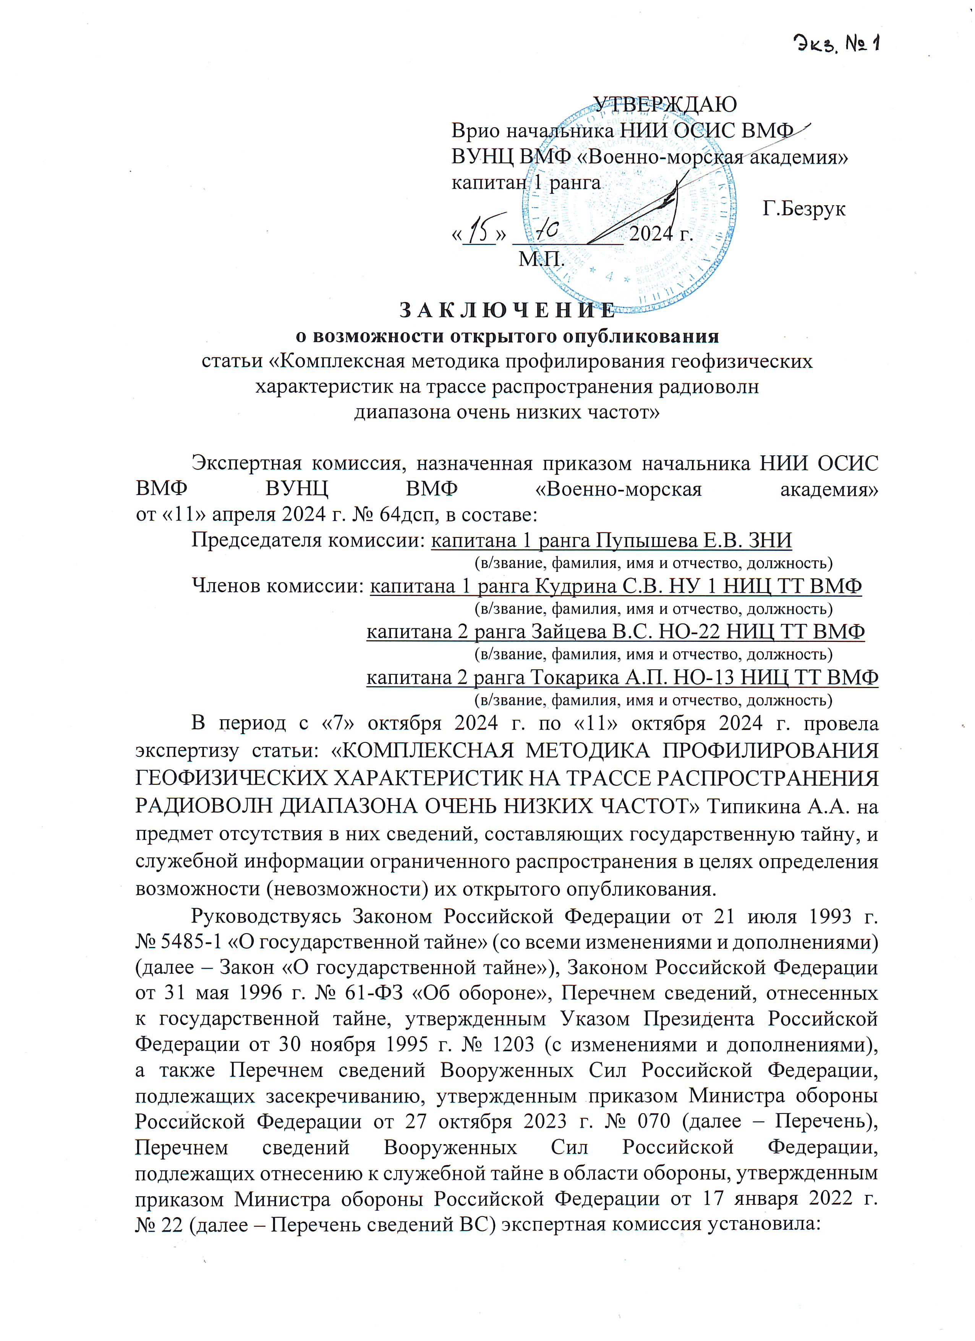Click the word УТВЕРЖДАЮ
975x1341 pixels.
pos(665,104)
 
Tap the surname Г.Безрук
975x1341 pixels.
pos(803,209)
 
